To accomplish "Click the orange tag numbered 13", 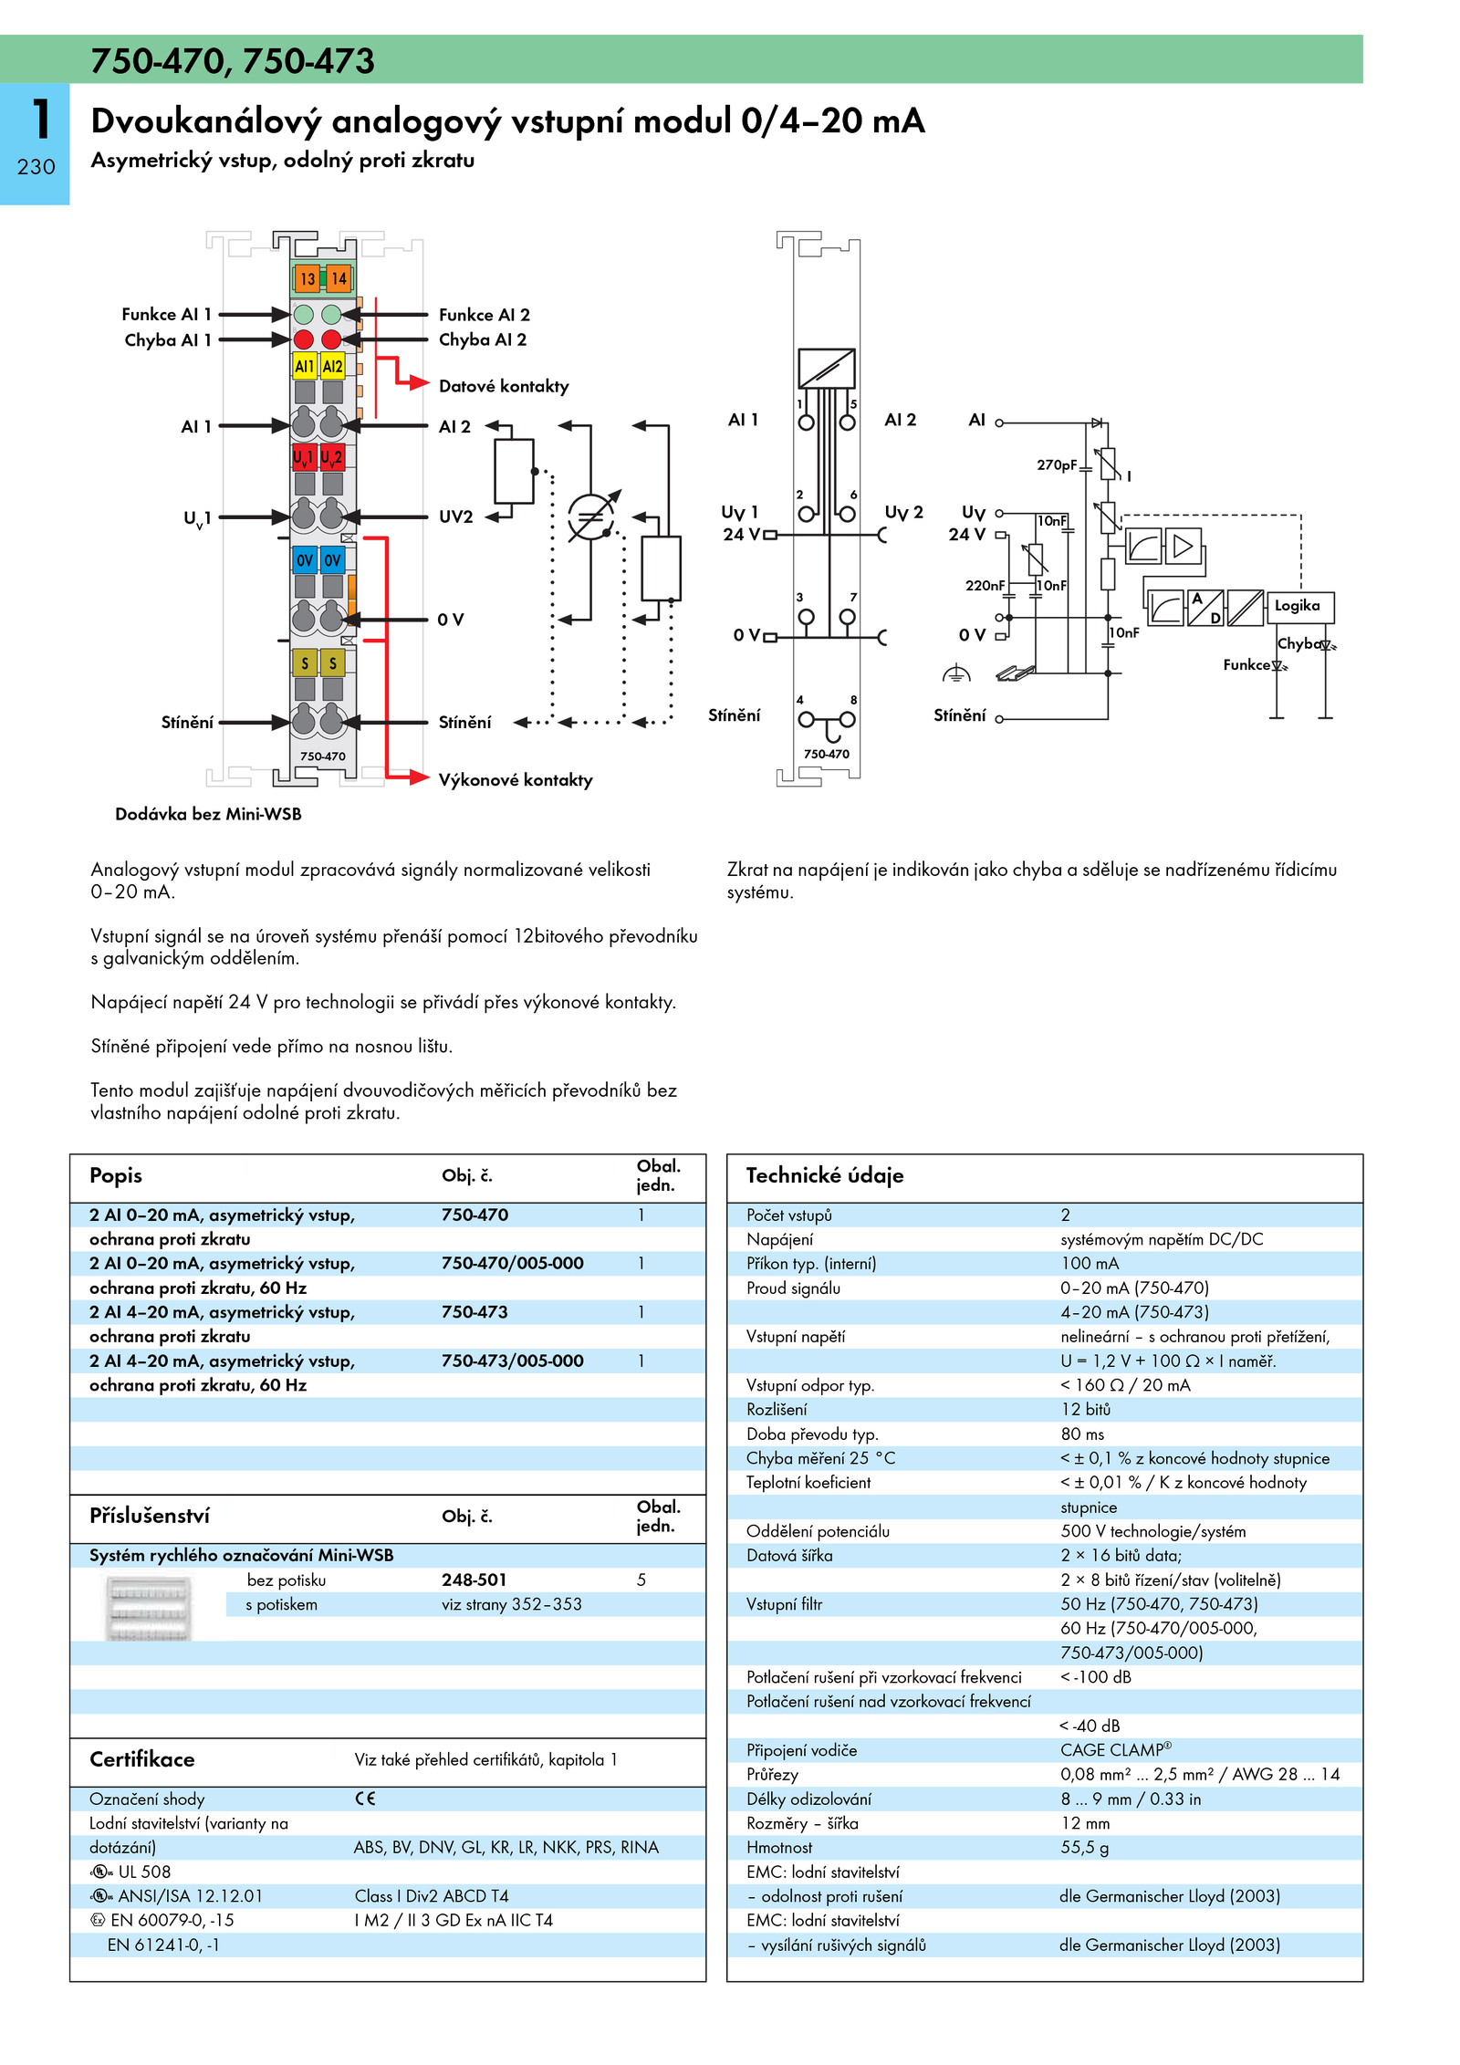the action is [x=307, y=278].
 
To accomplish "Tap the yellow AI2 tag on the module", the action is [x=333, y=366].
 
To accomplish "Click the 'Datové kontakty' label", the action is [x=504, y=386].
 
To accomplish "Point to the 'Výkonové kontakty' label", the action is [x=516, y=780].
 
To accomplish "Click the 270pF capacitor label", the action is [x=1057, y=464].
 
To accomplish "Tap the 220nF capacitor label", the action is [x=985, y=585].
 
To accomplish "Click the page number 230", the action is [x=36, y=167].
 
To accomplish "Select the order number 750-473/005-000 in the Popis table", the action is [x=512, y=1361].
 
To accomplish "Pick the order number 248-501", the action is [x=474, y=1580].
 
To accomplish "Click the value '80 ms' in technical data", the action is [x=1082, y=1434].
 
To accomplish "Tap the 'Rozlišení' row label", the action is [x=777, y=1409].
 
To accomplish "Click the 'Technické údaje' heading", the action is [x=825, y=1175].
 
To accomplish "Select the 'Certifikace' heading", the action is [x=141, y=1759].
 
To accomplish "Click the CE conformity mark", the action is [x=365, y=1799].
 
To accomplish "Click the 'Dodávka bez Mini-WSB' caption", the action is [x=208, y=814].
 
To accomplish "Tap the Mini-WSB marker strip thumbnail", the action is [x=148, y=1609].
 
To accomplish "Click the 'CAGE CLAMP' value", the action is [x=1115, y=1749].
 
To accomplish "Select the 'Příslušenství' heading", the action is [x=150, y=1516].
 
